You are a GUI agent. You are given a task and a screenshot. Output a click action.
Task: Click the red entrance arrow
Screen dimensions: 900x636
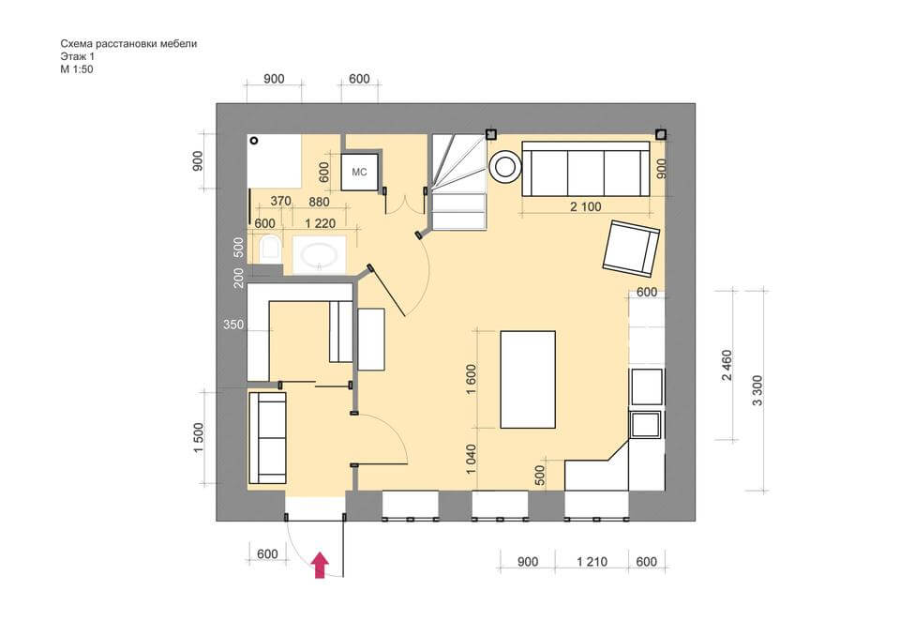point(321,566)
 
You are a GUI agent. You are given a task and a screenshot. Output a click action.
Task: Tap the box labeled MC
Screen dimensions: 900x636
point(359,172)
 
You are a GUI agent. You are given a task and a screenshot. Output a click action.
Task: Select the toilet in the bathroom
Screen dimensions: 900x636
point(269,249)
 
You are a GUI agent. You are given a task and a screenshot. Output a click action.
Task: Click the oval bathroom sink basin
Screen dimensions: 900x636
point(319,255)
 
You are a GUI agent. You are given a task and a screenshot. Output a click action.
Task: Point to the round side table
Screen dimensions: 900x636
point(504,167)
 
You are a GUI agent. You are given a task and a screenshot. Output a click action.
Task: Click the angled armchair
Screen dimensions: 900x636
point(631,249)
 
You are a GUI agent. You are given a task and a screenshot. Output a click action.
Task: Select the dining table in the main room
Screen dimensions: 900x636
point(528,379)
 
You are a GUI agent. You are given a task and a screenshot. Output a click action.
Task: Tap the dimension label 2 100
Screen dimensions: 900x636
point(585,206)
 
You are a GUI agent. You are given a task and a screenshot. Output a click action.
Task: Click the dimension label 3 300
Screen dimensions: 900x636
point(757,390)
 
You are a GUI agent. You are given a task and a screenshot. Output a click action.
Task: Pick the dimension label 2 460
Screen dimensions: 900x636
point(727,365)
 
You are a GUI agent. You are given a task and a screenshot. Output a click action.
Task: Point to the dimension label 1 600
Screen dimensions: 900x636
point(472,379)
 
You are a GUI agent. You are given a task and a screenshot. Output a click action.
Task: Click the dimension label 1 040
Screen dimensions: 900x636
point(472,459)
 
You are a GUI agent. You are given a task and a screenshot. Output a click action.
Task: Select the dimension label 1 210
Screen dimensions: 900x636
point(592,562)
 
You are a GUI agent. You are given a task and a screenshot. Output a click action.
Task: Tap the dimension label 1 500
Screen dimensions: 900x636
point(199,438)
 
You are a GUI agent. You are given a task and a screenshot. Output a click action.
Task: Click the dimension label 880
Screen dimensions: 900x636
point(319,202)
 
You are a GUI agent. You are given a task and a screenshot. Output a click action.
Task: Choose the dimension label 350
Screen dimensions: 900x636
point(233,325)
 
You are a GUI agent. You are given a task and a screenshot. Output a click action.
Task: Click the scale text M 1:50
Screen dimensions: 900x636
point(77,69)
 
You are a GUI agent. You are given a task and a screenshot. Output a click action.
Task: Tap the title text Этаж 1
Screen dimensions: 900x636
point(78,56)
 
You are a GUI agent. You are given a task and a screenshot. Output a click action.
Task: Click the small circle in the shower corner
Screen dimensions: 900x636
point(254,140)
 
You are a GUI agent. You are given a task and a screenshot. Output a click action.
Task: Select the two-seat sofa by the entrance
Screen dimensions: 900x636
point(267,438)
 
